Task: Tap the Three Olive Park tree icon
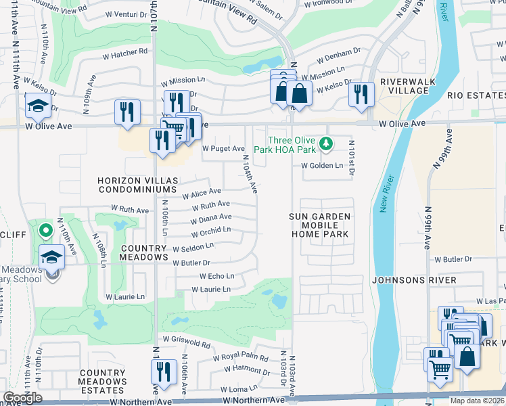point(327,143)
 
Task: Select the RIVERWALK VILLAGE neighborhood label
point(402,87)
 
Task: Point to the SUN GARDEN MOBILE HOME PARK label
point(321,225)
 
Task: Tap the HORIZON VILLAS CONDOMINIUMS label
point(138,185)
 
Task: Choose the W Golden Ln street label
point(323,165)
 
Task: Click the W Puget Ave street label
point(223,148)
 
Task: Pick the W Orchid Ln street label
point(211,230)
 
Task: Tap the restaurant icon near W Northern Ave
point(163,371)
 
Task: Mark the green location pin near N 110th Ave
point(45,231)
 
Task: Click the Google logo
point(22,398)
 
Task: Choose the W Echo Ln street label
point(216,276)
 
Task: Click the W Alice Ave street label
point(202,193)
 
